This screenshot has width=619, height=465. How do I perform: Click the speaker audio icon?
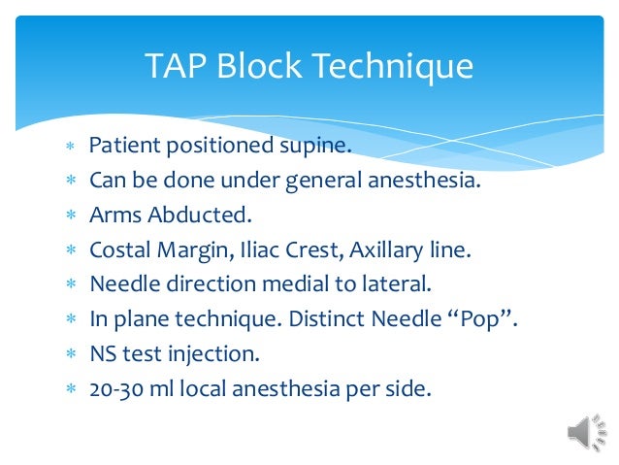click(585, 432)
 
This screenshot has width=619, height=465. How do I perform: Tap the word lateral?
click(393, 283)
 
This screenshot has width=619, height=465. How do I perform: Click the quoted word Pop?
click(479, 317)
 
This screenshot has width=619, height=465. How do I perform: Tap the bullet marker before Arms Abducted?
click(69, 216)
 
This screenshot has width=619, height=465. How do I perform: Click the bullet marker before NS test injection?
click(69, 352)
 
